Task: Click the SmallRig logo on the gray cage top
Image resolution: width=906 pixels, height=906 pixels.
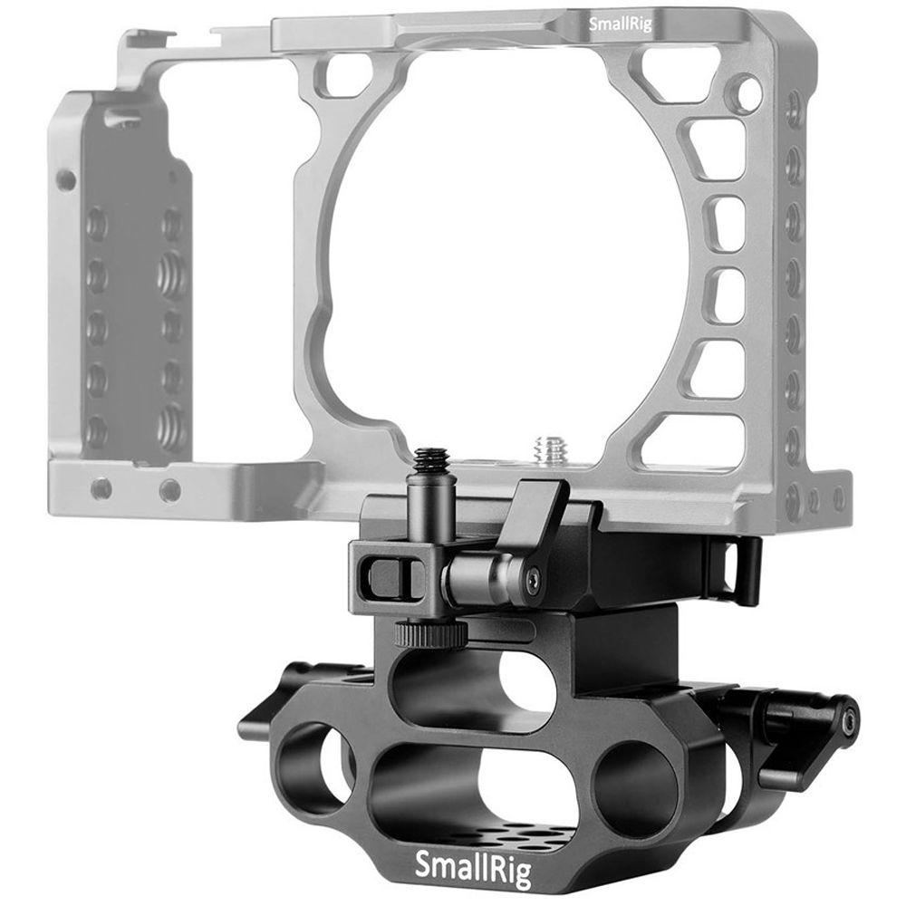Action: coord(620,24)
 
